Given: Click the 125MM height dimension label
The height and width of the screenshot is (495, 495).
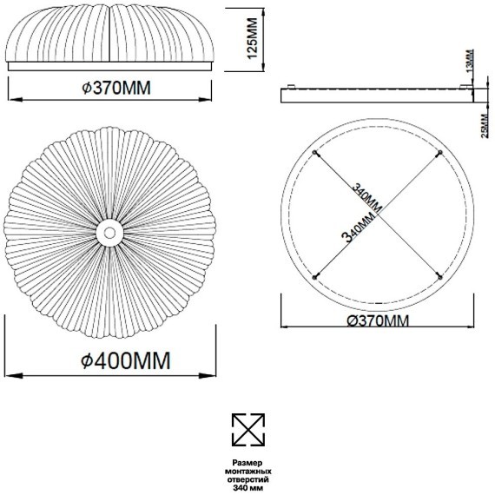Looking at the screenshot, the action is coord(253,38).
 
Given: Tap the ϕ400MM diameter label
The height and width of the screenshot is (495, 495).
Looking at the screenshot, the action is coord(126,360).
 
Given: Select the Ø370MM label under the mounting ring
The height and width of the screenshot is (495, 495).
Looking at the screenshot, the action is coord(378,321).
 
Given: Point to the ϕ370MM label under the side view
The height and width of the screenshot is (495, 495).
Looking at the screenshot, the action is coord(116,88).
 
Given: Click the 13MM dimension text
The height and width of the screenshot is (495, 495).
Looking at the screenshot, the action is coord(470,60).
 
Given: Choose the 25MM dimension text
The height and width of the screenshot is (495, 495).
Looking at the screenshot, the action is coord(485,126).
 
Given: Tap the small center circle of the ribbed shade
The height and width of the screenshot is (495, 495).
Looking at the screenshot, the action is coord(109,233).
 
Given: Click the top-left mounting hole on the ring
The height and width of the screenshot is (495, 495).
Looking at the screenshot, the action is coord(314,153).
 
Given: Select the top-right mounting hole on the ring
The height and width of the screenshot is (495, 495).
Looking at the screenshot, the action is coord(440,153).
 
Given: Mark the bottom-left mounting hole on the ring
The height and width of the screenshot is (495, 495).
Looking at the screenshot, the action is coord(314,278).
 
